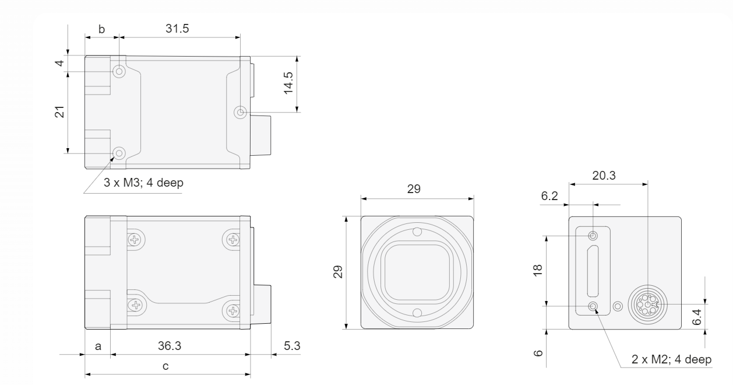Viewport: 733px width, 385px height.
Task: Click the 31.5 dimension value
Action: click(177, 29)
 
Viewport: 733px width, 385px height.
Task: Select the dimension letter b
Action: click(102, 29)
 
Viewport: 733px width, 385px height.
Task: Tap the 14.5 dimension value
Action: click(288, 83)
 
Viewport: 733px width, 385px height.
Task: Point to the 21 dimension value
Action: click(59, 112)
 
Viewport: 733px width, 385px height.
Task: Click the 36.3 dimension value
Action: click(170, 346)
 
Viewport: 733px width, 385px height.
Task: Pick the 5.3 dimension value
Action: click(292, 346)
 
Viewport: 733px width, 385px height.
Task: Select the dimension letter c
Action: click(165, 366)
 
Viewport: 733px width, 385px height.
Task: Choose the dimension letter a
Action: click(98, 346)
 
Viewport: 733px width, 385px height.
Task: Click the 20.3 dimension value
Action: click(604, 176)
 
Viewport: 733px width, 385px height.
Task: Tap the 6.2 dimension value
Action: click(549, 196)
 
